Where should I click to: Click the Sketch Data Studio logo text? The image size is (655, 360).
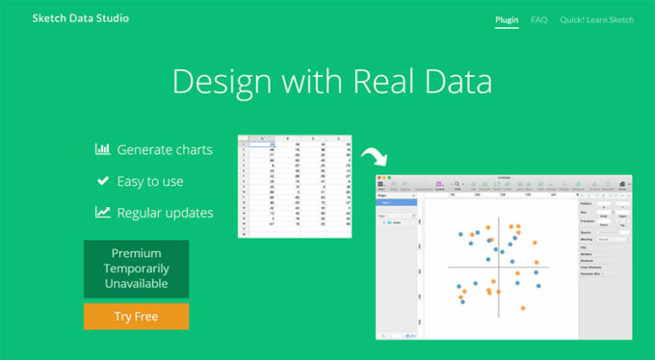80,18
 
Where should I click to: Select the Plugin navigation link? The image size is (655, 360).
507,18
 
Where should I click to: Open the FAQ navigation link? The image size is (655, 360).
538,18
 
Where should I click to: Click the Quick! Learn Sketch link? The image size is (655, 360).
597,18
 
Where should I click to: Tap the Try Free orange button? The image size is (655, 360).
136,316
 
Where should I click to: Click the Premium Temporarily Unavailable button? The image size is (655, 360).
136,269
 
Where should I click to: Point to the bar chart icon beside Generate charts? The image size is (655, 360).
102,149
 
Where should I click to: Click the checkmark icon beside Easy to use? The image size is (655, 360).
102,180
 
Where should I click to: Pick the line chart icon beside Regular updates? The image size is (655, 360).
102,212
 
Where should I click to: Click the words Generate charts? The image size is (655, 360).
165,149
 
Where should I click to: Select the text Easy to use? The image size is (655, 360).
149,181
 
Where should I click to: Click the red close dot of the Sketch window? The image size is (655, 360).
380,178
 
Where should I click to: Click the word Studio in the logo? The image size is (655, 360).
112,18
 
